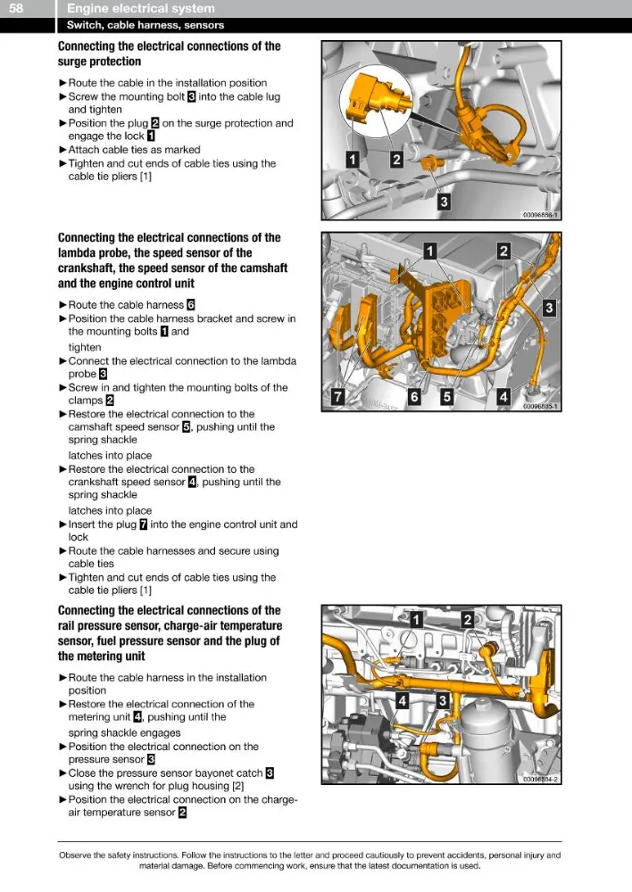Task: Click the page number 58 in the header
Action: coord(16,8)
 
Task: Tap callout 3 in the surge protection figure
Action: coord(444,201)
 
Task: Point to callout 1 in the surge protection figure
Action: coord(353,159)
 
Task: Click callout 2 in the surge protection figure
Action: coord(396,159)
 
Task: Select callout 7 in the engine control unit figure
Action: coord(338,396)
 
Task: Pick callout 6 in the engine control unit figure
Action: coord(414,397)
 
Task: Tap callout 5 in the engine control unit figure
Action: coord(447,397)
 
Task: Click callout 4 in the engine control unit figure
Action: coord(503,396)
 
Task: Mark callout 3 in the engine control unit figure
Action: coord(549,308)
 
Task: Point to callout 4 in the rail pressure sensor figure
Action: coord(402,700)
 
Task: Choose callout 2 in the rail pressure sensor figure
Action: coord(468,620)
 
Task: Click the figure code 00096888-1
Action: coord(541,215)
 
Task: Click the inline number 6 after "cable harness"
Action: coord(191,305)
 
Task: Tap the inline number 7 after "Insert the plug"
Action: coord(144,524)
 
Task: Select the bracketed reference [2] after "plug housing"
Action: coord(238,786)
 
